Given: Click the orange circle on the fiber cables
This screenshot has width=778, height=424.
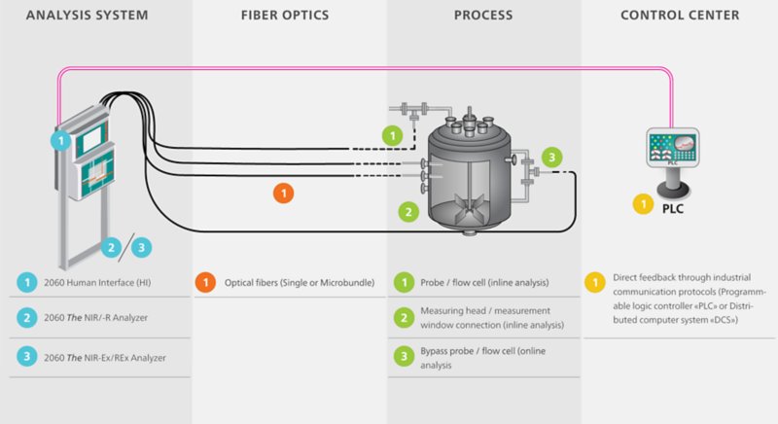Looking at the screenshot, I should point(283,194).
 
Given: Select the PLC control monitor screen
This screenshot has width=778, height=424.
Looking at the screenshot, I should point(672,147).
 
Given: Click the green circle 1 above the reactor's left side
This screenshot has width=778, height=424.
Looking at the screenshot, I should point(392,135).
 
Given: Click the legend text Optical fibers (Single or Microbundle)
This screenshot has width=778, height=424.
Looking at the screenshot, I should point(300,282).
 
